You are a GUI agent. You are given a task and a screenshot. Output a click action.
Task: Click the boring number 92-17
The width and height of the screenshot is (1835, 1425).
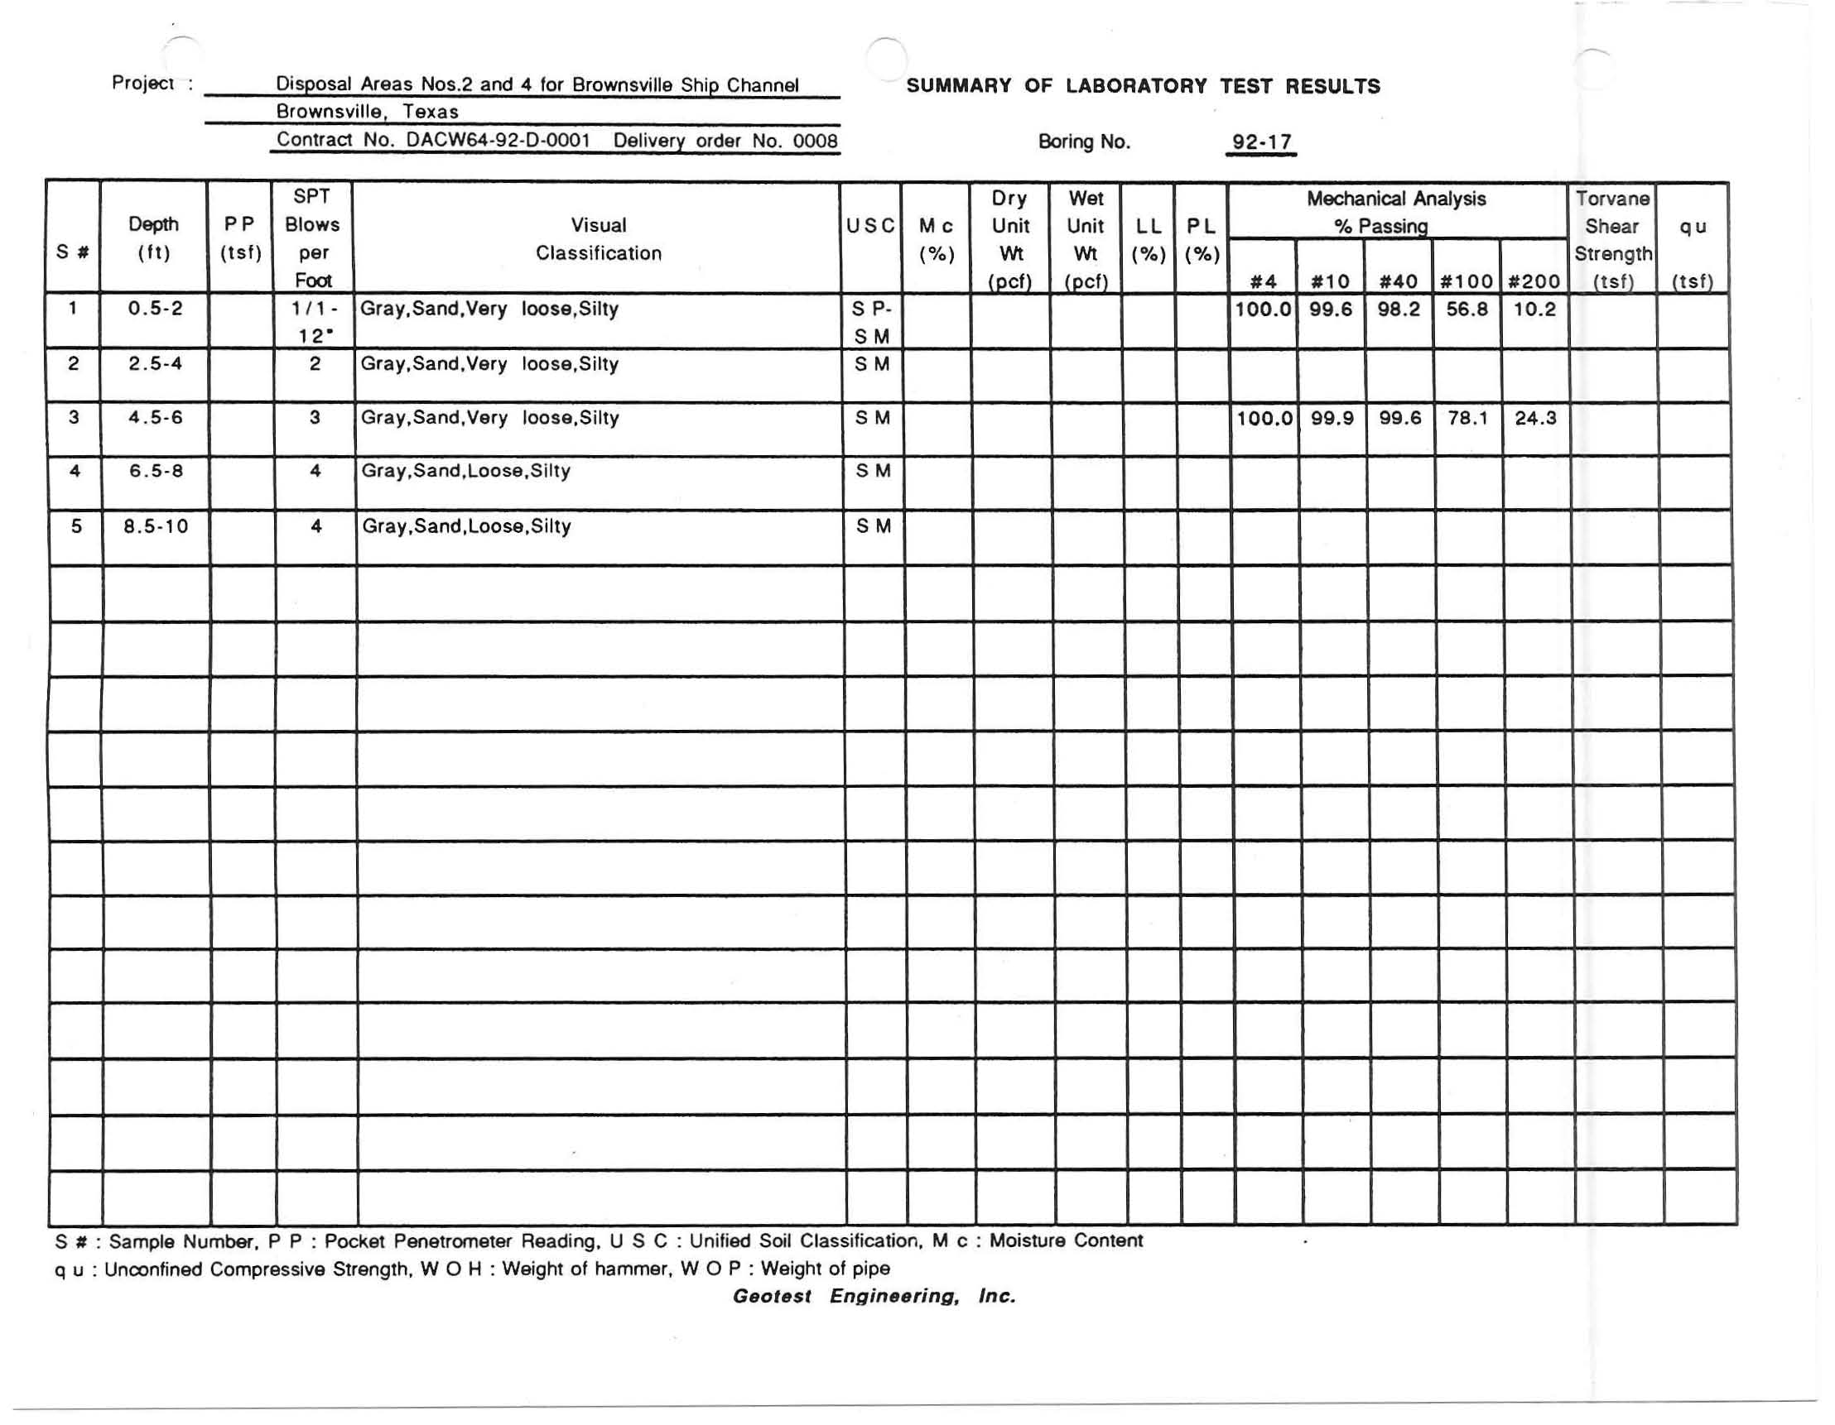[x=1260, y=142]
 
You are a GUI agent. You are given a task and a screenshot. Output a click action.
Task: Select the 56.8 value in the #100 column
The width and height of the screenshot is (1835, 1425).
[x=1467, y=309]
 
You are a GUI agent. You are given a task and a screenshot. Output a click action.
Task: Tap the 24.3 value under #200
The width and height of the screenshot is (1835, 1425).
[x=1535, y=418]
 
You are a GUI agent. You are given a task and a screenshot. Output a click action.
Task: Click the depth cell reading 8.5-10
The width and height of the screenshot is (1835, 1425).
[x=156, y=526]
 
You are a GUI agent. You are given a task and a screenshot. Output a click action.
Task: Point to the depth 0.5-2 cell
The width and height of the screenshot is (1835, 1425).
[x=155, y=308]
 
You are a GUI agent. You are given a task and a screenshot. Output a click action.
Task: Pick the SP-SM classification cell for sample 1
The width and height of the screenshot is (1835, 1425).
[x=871, y=323]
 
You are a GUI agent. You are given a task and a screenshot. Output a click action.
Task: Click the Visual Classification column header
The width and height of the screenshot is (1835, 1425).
[x=598, y=238]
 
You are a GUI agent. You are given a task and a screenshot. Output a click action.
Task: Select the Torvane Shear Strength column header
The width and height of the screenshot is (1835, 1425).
[x=1612, y=239]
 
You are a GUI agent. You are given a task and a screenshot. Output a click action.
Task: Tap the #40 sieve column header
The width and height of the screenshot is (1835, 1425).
[x=1398, y=281]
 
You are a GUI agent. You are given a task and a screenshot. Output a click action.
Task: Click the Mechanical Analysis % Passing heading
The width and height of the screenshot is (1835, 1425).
[x=1395, y=212]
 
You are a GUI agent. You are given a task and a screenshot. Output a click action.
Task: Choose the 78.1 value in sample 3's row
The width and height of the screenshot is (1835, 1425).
[x=1467, y=418]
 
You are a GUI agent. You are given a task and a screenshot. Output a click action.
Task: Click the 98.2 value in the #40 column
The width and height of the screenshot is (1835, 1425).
[x=1398, y=309]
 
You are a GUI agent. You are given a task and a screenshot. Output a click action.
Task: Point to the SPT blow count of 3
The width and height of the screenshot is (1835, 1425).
[x=314, y=417]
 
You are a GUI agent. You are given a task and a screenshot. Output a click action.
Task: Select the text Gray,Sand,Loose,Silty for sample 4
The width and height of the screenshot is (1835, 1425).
[x=465, y=471]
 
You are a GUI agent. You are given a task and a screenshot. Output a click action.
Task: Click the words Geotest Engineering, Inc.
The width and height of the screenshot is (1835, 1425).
[x=874, y=1296]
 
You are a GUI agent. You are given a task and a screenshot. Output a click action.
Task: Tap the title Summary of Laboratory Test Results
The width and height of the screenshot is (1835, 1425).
[x=1143, y=87]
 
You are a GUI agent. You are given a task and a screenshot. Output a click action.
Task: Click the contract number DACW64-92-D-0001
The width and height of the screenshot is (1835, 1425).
[x=498, y=140]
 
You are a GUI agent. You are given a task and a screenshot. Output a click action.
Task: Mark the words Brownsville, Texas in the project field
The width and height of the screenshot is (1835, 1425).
[x=367, y=112]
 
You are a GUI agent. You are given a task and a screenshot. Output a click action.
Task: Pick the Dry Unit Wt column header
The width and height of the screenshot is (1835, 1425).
[x=1010, y=239]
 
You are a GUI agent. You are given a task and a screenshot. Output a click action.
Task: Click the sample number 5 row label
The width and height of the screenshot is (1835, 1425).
[x=75, y=526]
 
